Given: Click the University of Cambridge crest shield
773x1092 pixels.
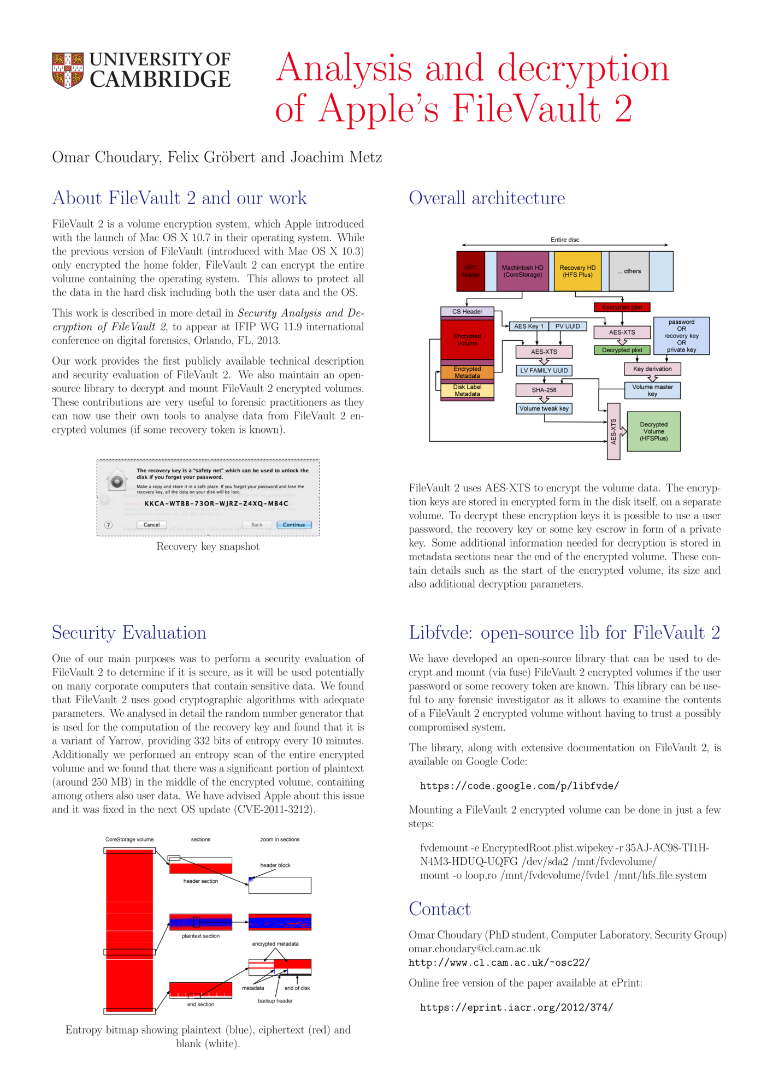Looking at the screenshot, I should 68,70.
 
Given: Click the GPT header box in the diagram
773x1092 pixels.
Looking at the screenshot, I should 470,271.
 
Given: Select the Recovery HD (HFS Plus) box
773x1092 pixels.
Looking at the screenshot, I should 577,271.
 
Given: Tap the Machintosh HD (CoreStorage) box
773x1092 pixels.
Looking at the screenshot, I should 522,271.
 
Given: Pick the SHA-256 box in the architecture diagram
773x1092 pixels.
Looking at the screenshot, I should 544,390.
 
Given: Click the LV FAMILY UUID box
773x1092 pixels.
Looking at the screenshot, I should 544,370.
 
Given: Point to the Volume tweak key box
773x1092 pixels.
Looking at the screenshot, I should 544,408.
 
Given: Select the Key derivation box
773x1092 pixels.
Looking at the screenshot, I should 652,369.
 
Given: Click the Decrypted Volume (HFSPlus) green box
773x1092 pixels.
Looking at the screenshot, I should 653,431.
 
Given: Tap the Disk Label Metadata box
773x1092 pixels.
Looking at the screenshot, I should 467,390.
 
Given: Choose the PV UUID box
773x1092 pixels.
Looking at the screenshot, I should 568,327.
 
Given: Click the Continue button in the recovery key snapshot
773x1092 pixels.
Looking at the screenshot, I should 294,525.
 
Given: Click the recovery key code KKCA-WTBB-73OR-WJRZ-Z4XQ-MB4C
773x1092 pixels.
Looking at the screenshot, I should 216,503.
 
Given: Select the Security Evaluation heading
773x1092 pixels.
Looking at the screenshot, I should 129,632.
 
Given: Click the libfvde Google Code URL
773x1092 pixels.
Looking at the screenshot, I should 519,786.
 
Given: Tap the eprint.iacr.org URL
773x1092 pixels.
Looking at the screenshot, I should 516,1007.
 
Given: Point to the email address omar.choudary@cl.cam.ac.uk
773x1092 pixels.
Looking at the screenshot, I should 474,949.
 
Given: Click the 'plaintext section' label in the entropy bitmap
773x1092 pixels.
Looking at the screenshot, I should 200,936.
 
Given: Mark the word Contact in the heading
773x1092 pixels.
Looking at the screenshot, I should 439,909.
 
